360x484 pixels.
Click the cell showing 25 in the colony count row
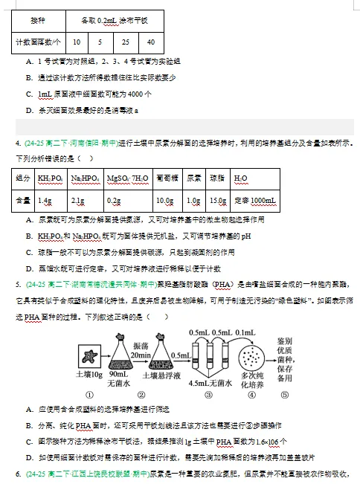(126, 42)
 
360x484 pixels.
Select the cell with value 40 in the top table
(151, 42)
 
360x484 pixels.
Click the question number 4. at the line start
(18, 143)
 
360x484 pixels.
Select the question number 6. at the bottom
(18, 473)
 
